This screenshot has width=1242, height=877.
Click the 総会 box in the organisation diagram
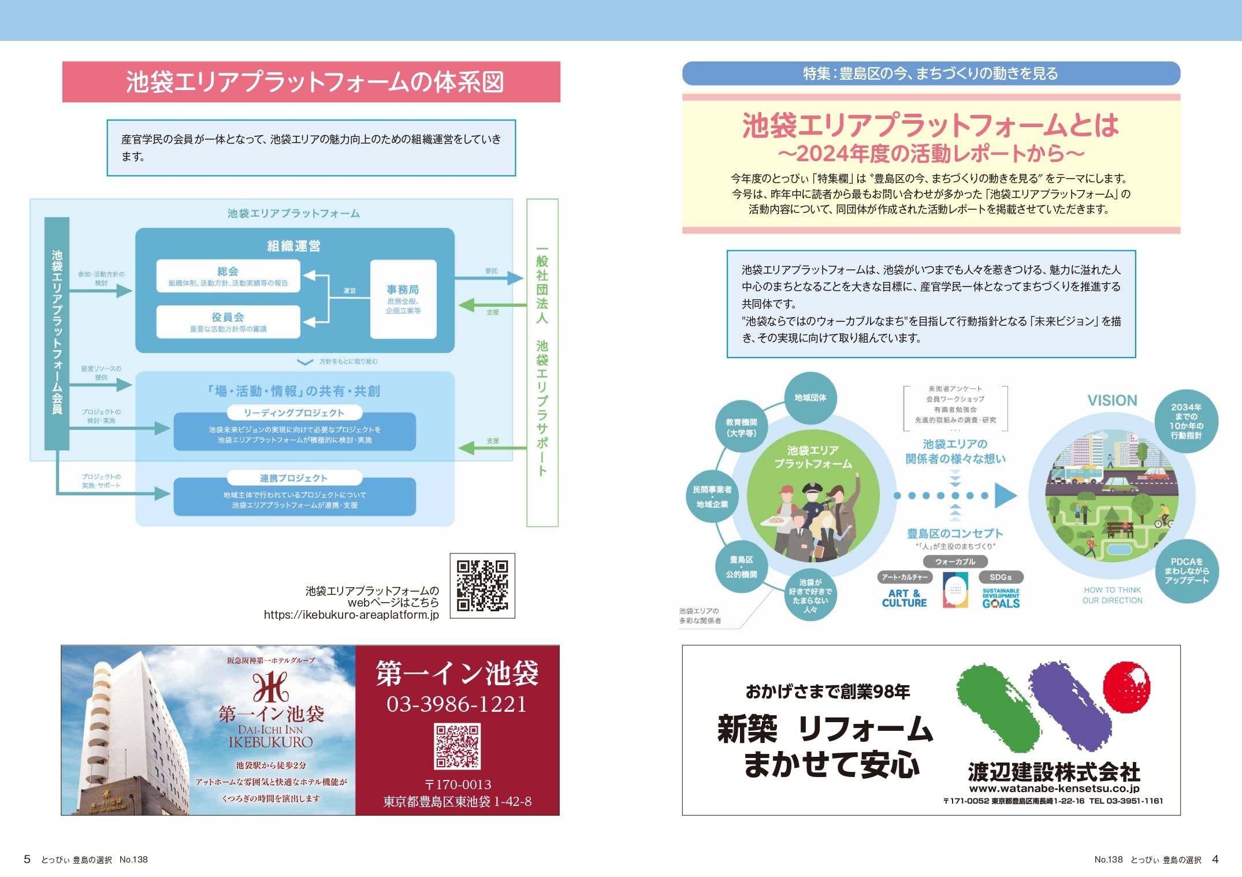[228, 276]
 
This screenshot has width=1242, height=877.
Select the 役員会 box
[228, 322]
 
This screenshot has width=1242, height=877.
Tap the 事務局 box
[403, 299]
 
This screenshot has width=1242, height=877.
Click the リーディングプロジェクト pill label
[294, 413]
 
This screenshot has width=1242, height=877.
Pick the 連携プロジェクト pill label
[294, 478]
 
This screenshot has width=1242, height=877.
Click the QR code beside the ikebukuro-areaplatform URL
[482, 585]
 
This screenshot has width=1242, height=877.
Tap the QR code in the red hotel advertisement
[457, 746]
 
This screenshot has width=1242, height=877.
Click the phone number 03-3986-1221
[456, 704]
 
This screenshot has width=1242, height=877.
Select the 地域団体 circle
[810, 397]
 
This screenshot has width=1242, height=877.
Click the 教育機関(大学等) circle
[741, 428]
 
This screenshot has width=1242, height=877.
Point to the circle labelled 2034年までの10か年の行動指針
[1186, 421]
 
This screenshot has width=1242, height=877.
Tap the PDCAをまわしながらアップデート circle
[1187, 571]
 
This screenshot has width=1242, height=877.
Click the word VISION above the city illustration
[1112, 400]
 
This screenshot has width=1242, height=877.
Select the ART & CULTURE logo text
[904, 598]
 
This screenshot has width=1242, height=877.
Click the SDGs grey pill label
[1001, 577]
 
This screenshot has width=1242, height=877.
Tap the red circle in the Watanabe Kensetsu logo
[1126, 687]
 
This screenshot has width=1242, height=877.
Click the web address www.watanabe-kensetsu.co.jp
[1054, 788]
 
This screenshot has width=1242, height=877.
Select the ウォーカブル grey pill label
[955, 562]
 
